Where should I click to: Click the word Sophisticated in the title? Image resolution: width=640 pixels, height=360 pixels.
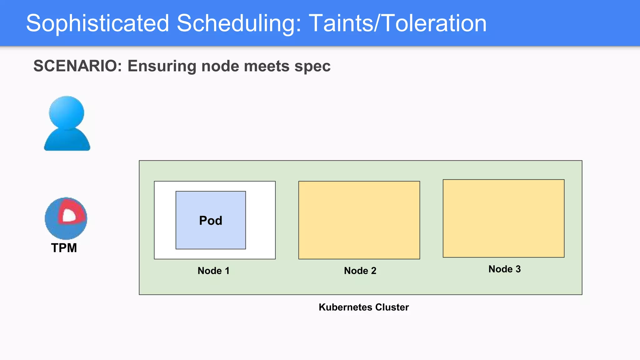[x=97, y=23]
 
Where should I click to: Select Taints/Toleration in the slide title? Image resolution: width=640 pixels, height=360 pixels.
[x=397, y=23]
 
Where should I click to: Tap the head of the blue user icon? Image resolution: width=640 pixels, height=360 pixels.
[x=67, y=112]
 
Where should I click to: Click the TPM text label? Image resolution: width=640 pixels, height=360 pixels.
[x=64, y=248]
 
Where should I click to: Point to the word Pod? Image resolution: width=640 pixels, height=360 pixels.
[x=211, y=221]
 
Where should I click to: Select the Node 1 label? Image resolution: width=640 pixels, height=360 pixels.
[x=213, y=271]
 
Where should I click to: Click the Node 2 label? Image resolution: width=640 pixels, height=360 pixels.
[x=360, y=271]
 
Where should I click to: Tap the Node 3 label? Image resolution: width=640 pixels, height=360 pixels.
[x=504, y=269]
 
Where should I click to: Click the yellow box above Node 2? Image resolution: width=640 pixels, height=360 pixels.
[x=359, y=220]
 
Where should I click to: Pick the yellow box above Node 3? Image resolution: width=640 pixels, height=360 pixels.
[x=503, y=218]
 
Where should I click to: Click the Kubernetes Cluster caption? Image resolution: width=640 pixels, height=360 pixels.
[x=363, y=307]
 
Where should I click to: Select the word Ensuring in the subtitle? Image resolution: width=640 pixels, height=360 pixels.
[x=162, y=66]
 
